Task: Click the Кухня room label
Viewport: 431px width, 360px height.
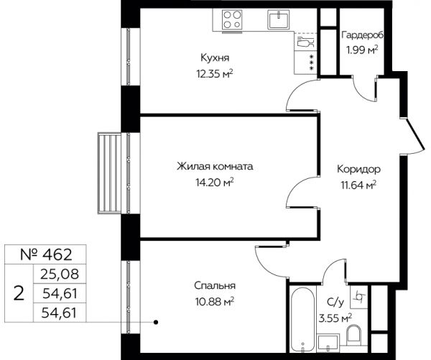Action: [215, 58]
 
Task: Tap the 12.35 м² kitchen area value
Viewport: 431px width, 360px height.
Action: [215, 74]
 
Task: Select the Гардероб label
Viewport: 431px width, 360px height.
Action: [362, 35]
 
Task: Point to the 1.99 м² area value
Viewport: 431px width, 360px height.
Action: [362, 50]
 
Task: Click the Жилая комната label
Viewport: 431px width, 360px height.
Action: [215, 167]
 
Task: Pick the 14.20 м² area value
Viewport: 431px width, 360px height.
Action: [215, 182]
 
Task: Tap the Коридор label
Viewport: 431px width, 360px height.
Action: [358, 169]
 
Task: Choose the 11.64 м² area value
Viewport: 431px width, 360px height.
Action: [358, 185]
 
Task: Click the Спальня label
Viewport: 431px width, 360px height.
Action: [215, 286]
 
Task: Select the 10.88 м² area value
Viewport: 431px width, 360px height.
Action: [215, 302]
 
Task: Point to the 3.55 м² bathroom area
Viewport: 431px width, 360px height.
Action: [335, 319]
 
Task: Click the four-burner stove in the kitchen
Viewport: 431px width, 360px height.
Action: [232, 20]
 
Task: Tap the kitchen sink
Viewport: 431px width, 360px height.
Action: [279, 19]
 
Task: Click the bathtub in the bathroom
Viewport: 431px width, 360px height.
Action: [302, 319]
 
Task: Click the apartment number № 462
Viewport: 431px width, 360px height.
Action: [46, 254]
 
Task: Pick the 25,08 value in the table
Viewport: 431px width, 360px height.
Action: [60, 274]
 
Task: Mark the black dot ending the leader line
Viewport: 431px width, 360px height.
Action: [156, 322]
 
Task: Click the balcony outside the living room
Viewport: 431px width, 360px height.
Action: [109, 172]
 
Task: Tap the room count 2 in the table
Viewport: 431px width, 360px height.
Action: [19, 293]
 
